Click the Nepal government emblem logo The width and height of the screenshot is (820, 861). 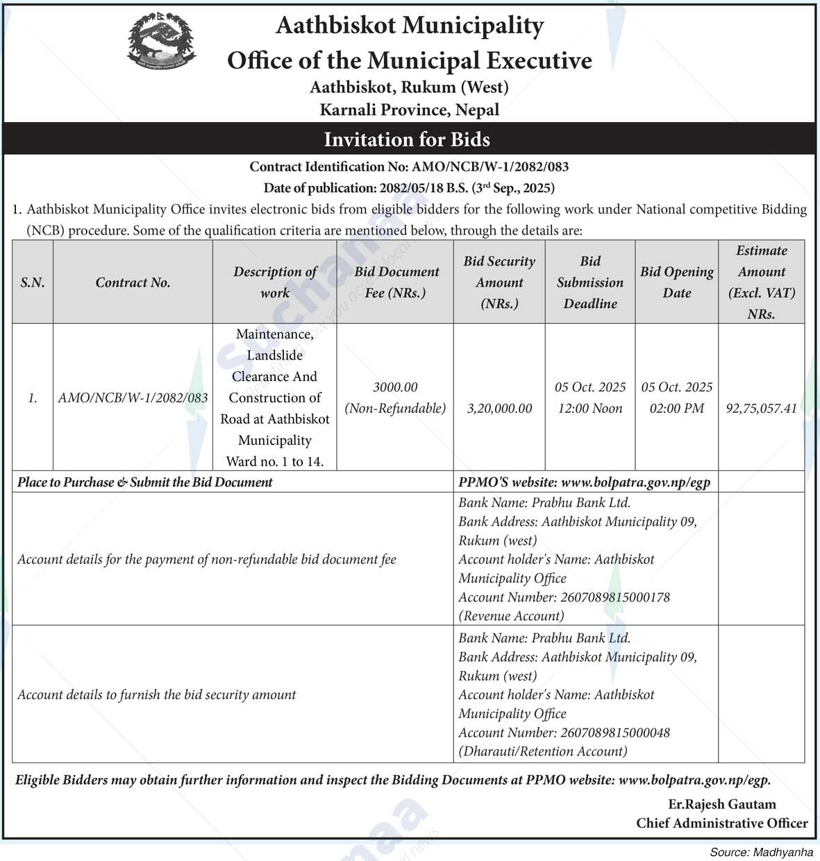(x=161, y=42)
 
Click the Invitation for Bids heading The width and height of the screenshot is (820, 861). (x=407, y=139)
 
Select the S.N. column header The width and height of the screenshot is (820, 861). (x=33, y=282)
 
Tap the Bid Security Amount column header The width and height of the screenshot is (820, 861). (x=499, y=282)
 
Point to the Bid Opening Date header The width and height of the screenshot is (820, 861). (x=676, y=282)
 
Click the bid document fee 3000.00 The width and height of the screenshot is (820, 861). (x=395, y=387)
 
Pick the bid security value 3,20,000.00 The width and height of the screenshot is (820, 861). (x=499, y=409)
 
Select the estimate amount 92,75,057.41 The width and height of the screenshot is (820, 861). (x=761, y=409)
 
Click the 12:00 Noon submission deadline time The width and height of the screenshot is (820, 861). (x=590, y=409)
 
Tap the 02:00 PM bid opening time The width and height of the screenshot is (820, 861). (x=676, y=409)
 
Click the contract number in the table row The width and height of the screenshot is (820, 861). (x=133, y=398)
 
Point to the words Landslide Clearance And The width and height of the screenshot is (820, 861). (x=274, y=366)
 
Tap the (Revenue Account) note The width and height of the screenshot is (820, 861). (x=511, y=616)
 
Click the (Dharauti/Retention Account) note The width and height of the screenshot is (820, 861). (x=542, y=751)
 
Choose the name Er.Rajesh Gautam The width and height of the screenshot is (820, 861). (x=721, y=804)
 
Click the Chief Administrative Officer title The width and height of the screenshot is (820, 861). (x=721, y=824)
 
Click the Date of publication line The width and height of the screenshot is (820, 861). (x=408, y=188)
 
